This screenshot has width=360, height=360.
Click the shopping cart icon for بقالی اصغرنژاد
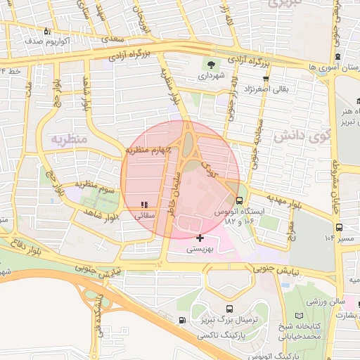[266, 79]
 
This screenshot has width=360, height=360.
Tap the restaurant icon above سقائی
[144, 205]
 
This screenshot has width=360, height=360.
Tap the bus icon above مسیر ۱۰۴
[340, 227]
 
